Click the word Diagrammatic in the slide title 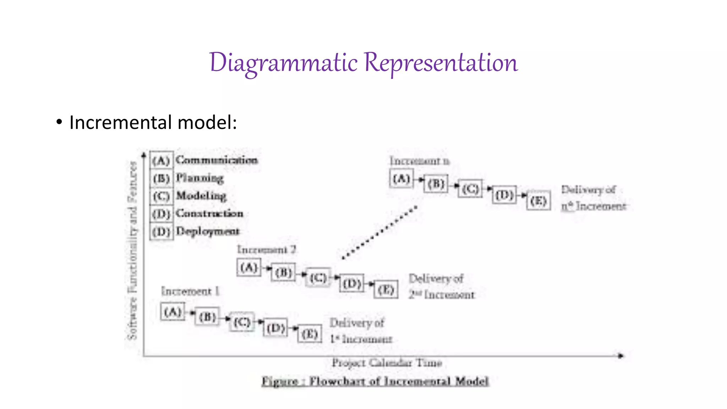coord(283,63)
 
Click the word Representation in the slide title coord(441,63)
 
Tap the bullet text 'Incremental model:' coord(153,122)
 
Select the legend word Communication coord(217,160)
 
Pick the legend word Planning coord(200,178)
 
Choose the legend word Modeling coord(201,196)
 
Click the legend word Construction coord(209,213)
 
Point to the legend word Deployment coord(208,231)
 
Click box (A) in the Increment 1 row coord(173,312)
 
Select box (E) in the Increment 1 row coord(310,334)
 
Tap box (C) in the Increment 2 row coord(318,278)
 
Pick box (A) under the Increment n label coord(401,179)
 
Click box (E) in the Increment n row coord(538,201)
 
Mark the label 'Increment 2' coord(266,250)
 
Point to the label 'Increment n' coord(419,161)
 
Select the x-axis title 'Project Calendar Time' coord(387,363)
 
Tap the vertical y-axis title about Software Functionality coord(132,250)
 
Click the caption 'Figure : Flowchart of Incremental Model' coord(375,381)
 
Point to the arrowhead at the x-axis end coord(620,355)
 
